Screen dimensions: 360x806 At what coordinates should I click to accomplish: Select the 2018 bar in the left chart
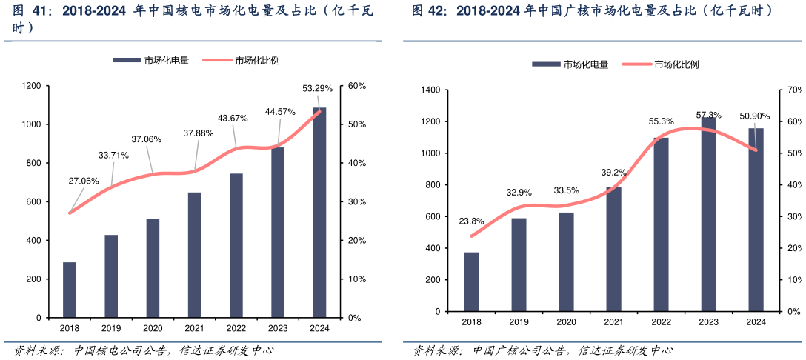coord(70,290)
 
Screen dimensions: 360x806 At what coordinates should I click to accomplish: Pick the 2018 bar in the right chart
coord(471,284)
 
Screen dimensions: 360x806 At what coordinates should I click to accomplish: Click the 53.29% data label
coord(318,89)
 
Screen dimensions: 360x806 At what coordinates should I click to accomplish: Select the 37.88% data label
coord(199,133)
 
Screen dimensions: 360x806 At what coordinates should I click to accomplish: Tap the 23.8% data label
coord(471,221)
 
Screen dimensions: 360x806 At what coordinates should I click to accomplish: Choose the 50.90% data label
coord(756,116)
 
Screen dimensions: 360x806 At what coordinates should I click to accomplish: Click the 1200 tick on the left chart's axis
coord(31,87)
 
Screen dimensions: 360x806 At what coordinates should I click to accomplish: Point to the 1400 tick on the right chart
coord(431,90)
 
